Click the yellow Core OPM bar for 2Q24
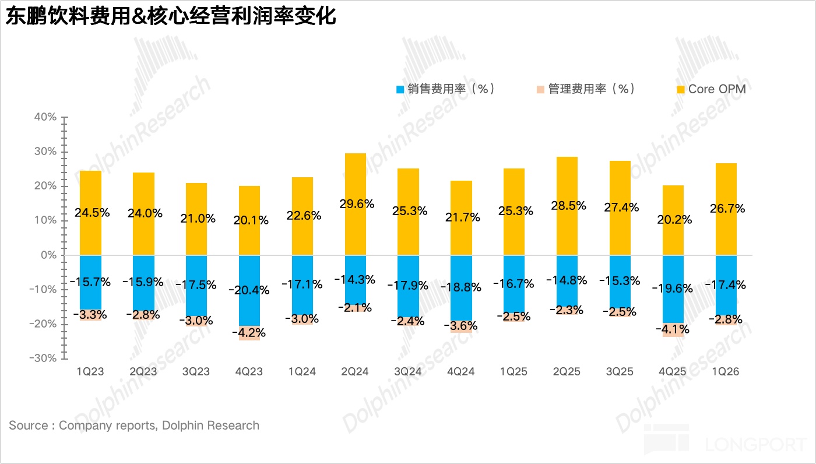tap(355, 181)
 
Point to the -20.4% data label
tap(249, 290)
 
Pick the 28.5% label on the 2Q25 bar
tap(567, 206)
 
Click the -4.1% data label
tap(673, 329)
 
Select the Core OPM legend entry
tap(716, 89)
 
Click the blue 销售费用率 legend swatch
tap(400, 90)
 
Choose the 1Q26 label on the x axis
tap(726, 372)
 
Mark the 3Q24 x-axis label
tap(408, 372)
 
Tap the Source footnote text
tap(134, 426)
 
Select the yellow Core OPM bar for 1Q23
tap(90, 192)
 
